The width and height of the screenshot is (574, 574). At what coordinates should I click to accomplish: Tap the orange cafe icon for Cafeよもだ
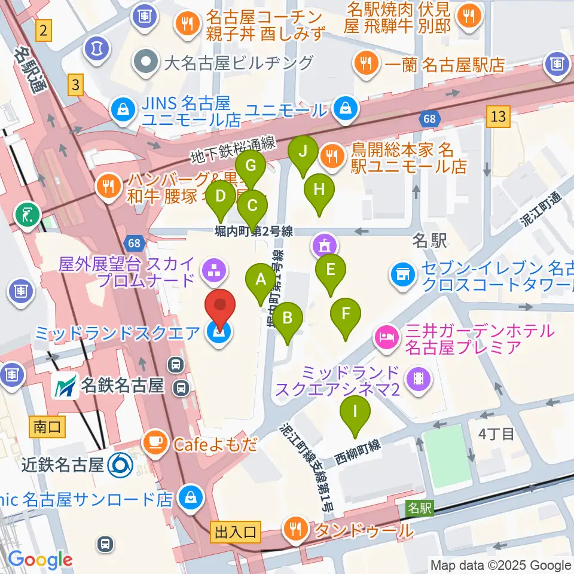[x=155, y=443]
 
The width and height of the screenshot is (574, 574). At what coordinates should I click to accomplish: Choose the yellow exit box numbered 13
[x=497, y=116]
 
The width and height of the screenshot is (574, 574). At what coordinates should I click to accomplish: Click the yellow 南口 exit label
[x=45, y=426]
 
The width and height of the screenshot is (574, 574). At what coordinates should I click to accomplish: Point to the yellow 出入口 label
[x=234, y=530]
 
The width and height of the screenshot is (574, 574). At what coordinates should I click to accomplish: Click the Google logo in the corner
[x=40, y=560]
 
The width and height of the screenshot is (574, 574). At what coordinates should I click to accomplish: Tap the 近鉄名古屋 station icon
[x=121, y=464]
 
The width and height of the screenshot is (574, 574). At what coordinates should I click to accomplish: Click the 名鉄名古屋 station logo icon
[x=66, y=386]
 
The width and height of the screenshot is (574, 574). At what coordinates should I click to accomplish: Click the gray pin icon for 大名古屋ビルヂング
[x=145, y=62]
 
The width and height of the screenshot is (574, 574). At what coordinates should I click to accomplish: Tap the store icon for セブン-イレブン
[x=402, y=274]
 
